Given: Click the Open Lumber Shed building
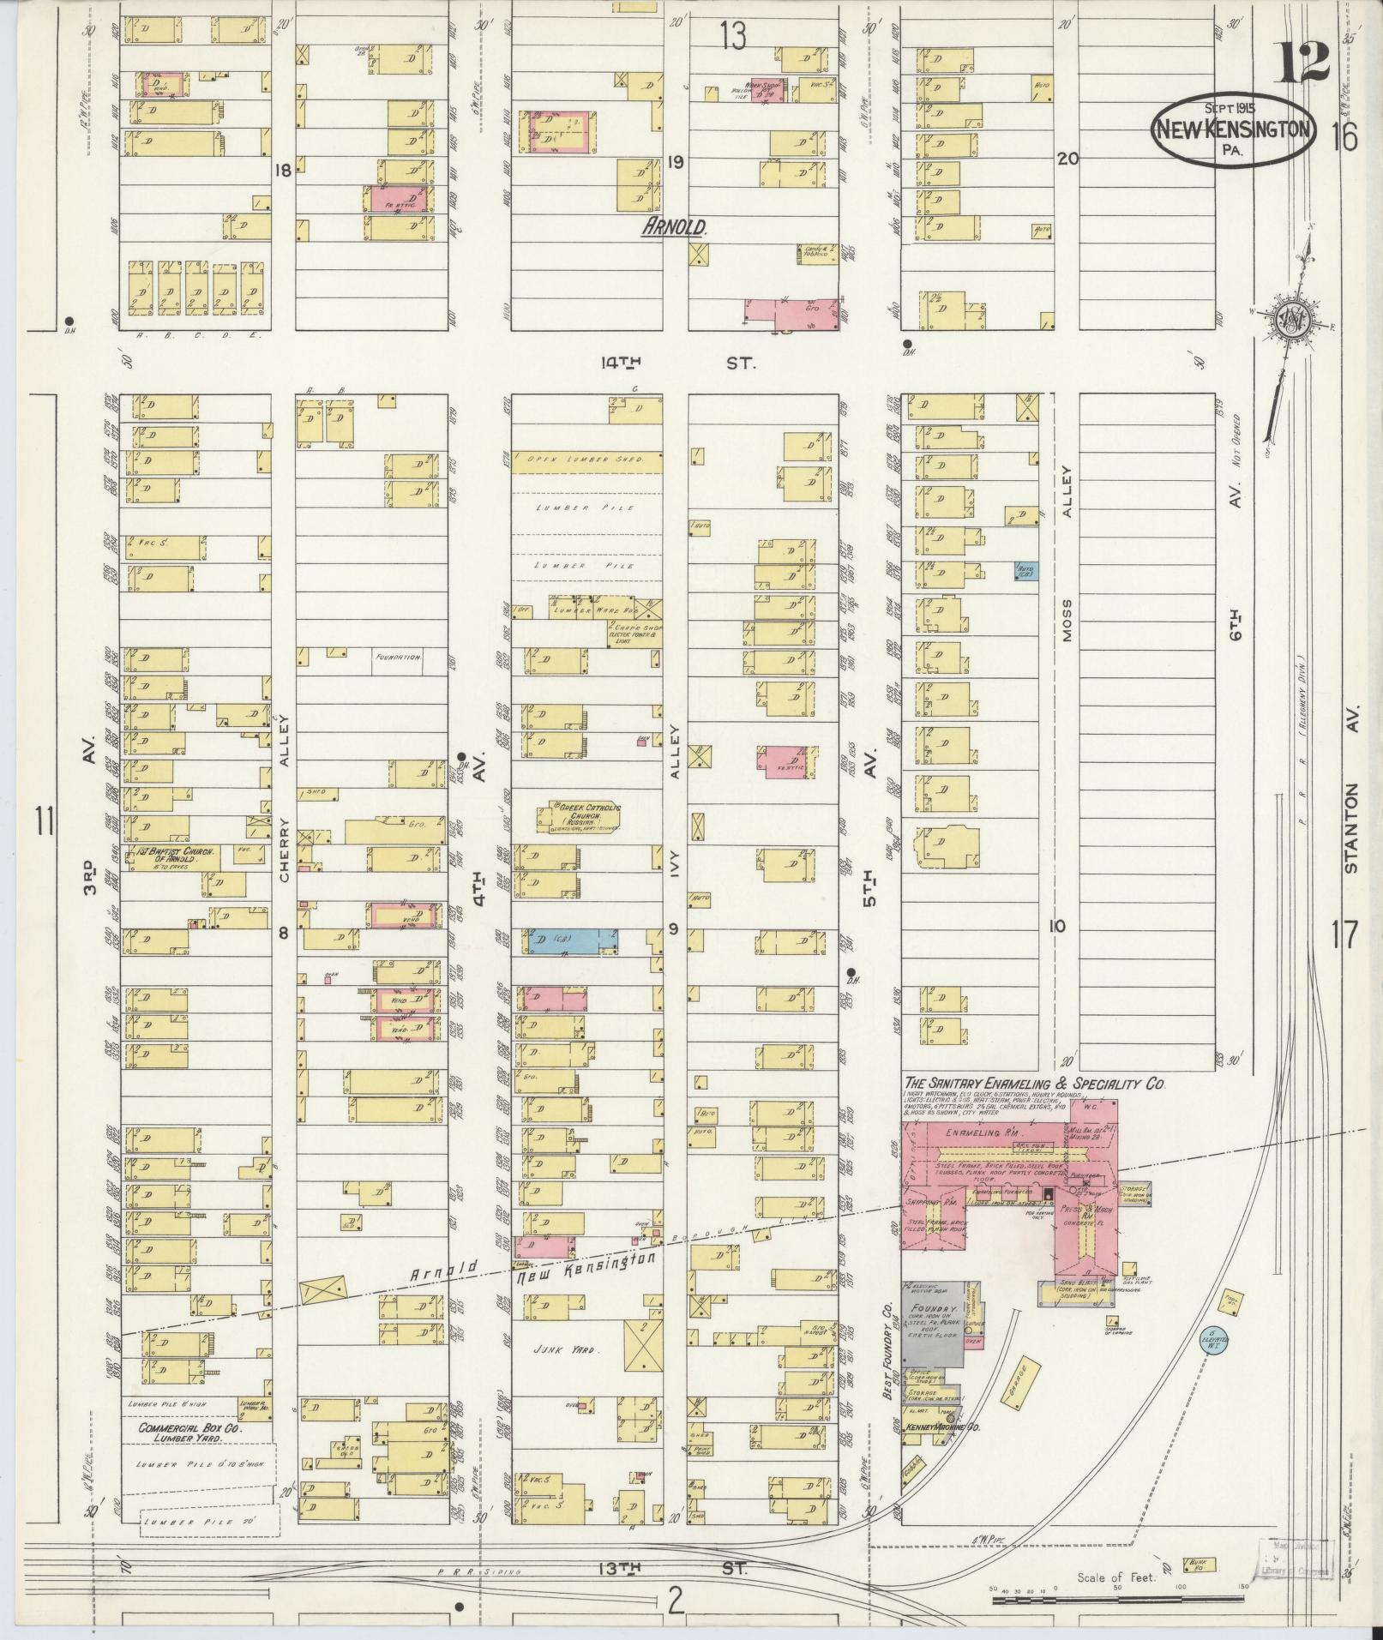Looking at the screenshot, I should pos(587,461).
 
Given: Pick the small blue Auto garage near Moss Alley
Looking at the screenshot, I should pos(1026,570).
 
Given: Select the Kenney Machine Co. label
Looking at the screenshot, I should pos(942,1427).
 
